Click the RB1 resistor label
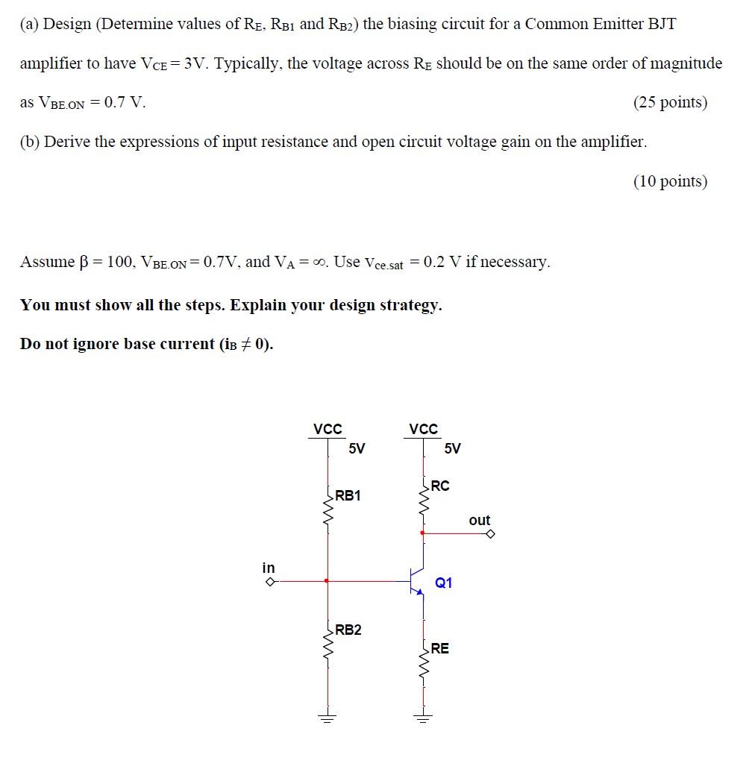pyautogui.click(x=348, y=495)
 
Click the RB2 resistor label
pyautogui.click(x=348, y=630)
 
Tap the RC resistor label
pyautogui.click(x=440, y=486)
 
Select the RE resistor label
pyautogui.click(x=440, y=648)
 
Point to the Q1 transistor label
pyautogui.click(x=443, y=583)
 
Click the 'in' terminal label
pyautogui.click(x=269, y=568)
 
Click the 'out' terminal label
pyautogui.click(x=480, y=520)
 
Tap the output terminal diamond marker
pyautogui.click(x=490, y=533)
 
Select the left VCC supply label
pyautogui.click(x=328, y=429)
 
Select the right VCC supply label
pyautogui.click(x=424, y=429)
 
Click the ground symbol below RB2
pyautogui.click(x=327, y=718)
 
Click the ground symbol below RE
pyautogui.click(x=424, y=718)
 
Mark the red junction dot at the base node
pyautogui.click(x=327, y=580)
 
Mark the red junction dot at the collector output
pyautogui.click(x=424, y=533)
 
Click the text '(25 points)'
pyautogui.click(x=670, y=102)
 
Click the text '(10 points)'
pyautogui.click(x=670, y=181)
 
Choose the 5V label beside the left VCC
pyautogui.click(x=357, y=448)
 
